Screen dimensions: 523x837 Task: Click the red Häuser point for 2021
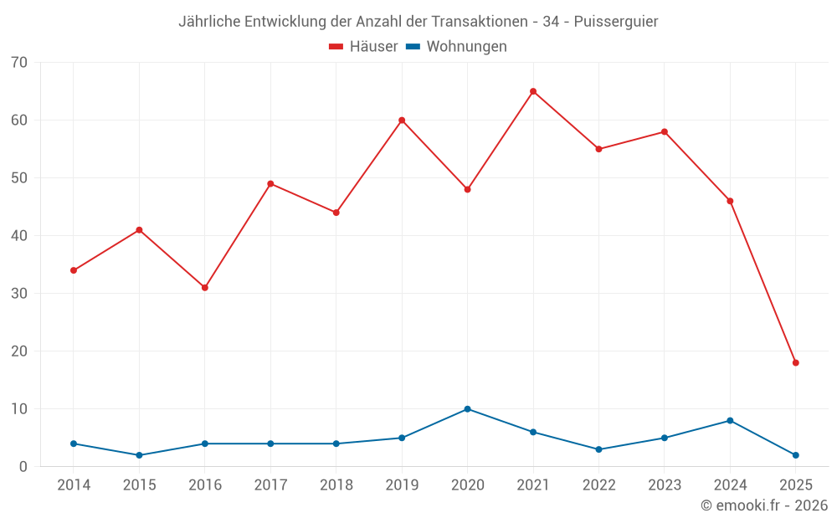click(x=533, y=91)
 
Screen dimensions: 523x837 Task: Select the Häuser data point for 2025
click(x=796, y=362)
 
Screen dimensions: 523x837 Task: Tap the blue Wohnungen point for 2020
click(x=467, y=409)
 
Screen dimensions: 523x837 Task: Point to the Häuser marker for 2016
click(x=205, y=287)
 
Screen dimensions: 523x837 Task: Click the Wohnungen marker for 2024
click(x=730, y=421)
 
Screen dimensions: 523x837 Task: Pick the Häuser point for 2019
click(x=402, y=120)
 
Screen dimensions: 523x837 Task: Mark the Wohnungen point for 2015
click(x=139, y=455)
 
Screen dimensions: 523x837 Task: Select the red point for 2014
click(x=74, y=270)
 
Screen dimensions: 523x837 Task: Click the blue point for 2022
click(x=598, y=449)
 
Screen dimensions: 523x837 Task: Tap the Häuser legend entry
click(x=363, y=47)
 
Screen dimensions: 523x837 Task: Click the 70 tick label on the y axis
click(x=19, y=63)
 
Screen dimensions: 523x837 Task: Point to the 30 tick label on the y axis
click(x=19, y=294)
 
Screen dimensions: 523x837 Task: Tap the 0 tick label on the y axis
click(x=23, y=467)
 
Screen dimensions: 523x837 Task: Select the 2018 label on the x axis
click(x=336, y=485)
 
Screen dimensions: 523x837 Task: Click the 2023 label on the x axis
click(x=665, y=485)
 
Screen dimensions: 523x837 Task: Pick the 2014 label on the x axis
click(x=74, y=485)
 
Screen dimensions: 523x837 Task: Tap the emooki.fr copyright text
click(x=763, y=505)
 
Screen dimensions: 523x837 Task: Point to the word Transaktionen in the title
click(x=485, y=21)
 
